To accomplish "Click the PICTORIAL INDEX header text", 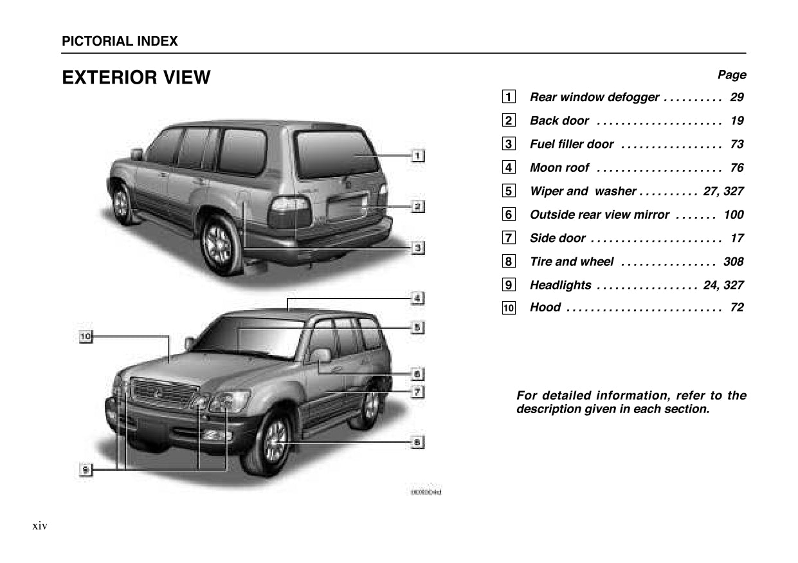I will click(x=120, y=41).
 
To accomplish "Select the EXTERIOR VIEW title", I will click(x=136, y=78).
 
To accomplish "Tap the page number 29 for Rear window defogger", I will click(x=737, y=97).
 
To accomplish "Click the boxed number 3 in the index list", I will click(x=509, y=144).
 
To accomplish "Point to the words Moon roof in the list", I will click(x=559, y=168).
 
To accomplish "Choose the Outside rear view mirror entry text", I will click(x=599, y=215).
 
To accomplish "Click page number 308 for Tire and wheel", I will click(x=733, y=262).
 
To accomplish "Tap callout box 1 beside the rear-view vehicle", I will click(x=417, y=155).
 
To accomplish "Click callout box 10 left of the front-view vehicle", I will click(x=86, y=336).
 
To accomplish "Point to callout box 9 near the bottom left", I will click(x=84, y=470).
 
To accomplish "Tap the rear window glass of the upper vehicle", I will click(x=336, y=154).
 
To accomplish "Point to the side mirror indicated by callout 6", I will click(x=320, y=355).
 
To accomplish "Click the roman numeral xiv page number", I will click(x=40, y=526).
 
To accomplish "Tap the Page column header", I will click(x=732, y=75).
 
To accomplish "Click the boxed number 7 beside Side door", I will click(x=509, y=238).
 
